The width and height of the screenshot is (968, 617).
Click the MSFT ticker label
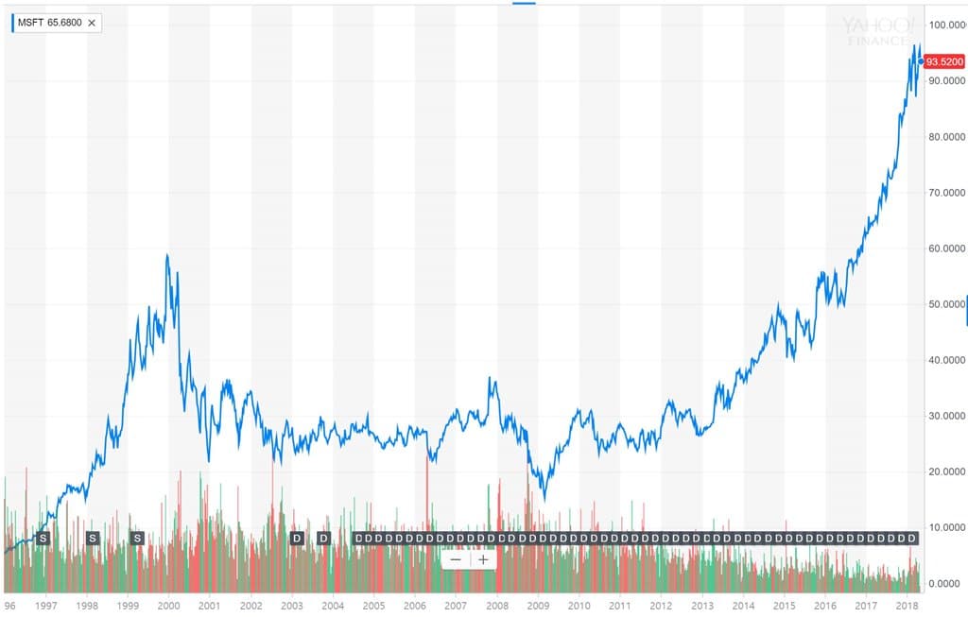(x=31, y=22)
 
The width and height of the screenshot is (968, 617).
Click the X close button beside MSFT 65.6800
(x=92, y=22)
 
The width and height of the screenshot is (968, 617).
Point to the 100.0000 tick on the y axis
(x=947, y=25)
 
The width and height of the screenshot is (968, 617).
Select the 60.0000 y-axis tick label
(x=947, y=249)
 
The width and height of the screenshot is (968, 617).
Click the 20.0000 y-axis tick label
(x=947, y=471)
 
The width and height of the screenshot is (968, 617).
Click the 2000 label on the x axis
(x=168, y=606)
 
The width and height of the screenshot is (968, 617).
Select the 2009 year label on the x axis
(x=537, y=606)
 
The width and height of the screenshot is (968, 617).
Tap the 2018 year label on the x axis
(x=907, y=606)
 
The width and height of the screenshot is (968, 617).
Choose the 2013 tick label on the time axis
(x=701, y=606)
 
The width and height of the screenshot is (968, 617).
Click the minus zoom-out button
(x=456, y=559)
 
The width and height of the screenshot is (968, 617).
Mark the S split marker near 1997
(x=42, y=539)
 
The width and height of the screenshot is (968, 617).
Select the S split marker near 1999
(x=137, y=539)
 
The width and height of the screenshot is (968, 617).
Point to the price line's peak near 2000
(x=167, y=255)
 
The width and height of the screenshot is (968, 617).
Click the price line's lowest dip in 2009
(x=544, y=499)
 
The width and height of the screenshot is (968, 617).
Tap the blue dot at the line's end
(x=921, y=62)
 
